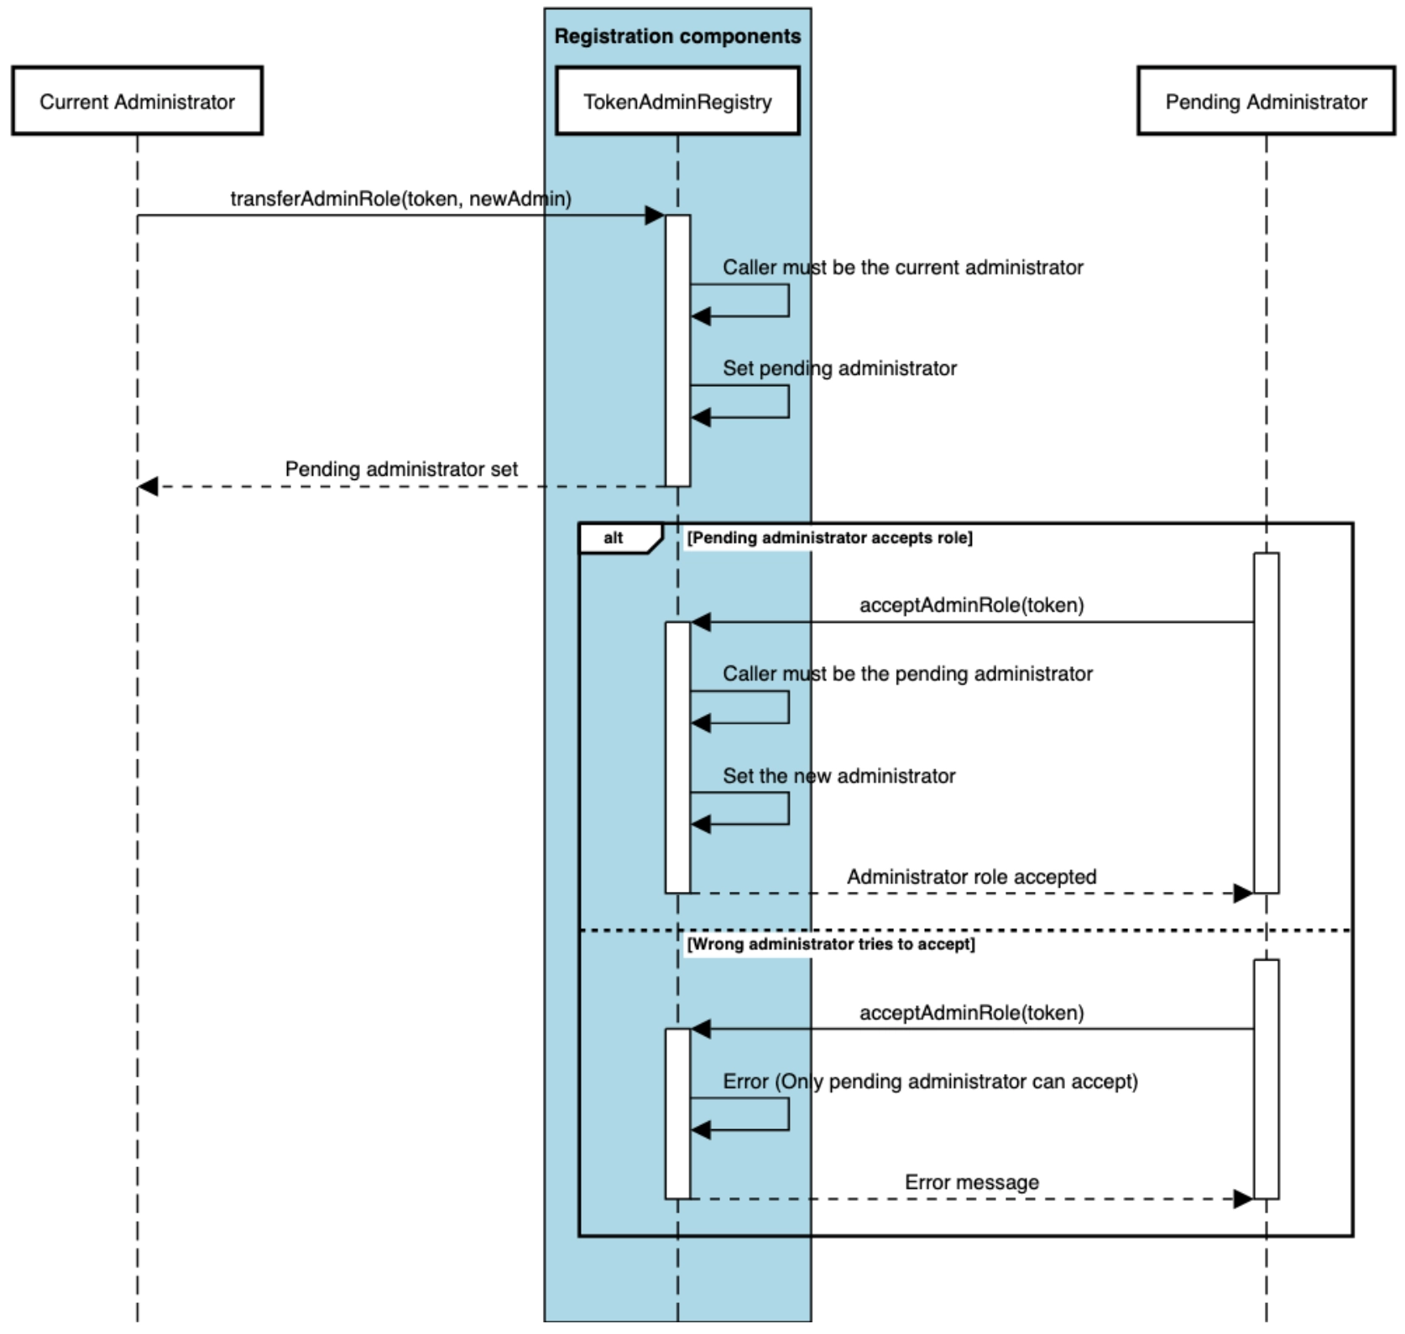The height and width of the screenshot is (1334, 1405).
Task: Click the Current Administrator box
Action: pos(137,102)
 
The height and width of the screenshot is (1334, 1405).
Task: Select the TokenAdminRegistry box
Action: pos(677,102)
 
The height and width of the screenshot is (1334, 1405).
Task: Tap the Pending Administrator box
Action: pos(1266,102)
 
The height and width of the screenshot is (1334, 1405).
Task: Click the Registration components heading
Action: pos(677,36)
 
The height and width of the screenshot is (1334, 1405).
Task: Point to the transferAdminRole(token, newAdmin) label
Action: pos(400,199)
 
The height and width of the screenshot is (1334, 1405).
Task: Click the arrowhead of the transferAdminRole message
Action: pos(655,216)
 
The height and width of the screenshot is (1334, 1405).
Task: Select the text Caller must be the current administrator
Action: pos(902,268)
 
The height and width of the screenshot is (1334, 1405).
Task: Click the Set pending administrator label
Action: pos(839,368)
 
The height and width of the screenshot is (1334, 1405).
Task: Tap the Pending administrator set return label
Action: pos(401,469)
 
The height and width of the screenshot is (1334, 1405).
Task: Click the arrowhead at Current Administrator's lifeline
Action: pos(148,487)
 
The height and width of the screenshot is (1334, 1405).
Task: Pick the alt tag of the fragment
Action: pos(614,538)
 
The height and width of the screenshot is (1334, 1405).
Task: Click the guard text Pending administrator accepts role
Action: pos(829,538)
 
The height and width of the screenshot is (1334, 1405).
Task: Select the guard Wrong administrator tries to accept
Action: pos(831,944)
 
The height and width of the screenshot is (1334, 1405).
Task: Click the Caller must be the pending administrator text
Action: pos(907,674)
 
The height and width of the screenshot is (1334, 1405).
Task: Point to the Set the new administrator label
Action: pos(838,776)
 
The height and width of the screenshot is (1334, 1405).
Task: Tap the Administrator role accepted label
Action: pos(971,877)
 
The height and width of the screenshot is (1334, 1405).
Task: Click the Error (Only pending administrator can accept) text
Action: pos(930,1081)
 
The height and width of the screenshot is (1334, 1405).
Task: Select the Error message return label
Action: pos(971,1182)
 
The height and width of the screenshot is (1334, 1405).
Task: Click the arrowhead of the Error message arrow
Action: pos(1243,1199)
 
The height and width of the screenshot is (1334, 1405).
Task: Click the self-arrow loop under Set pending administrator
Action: pos(787,402)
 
